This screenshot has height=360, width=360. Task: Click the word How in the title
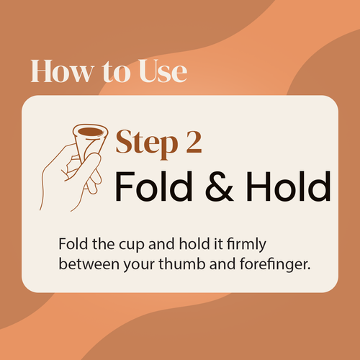coord(62,71)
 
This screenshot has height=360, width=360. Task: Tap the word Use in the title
coord(163,71)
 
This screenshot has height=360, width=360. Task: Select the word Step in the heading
coord(147,143)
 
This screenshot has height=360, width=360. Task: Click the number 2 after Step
coord(194,142)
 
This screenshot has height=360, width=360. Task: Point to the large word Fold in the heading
coord(154,186)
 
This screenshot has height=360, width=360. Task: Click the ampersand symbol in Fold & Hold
coord(219,186)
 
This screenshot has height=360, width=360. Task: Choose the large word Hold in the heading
coord(289,186)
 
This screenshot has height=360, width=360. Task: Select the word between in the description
coord(89,264)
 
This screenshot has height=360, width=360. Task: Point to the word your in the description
coord(139,266)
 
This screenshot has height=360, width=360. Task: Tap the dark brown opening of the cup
coord(90,132)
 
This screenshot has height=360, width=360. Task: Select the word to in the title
coord(116,72)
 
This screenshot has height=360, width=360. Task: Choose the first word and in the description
coord(161,243)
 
